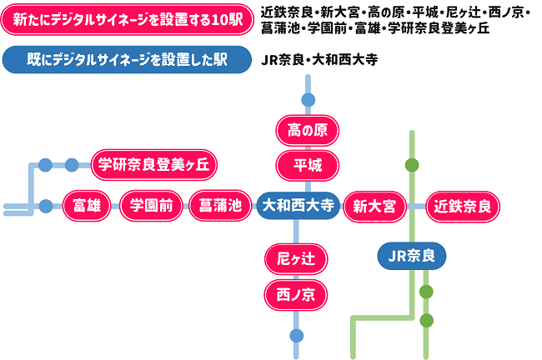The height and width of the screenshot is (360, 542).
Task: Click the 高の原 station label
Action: click(x=308, y=131)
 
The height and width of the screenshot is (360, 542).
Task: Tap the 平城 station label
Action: click(x=308, y=166)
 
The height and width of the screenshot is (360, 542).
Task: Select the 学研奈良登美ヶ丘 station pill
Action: click(x=153, y=165)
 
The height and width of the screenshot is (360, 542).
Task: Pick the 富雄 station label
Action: click(x=87, y=206)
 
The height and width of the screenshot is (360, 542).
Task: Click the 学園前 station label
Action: click(x=151, y=206)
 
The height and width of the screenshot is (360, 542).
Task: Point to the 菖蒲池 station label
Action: click(x=220, y=206)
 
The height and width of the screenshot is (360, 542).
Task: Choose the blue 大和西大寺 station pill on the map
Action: click(x=298, y=206)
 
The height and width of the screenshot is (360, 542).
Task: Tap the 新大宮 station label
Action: click(x=374, y=207)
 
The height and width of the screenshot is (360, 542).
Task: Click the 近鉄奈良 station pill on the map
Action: click(x=463, y=207)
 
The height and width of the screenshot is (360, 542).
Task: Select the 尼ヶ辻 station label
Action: click(x=296, y=259)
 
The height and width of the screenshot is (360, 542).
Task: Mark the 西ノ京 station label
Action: click(x=296, y=295)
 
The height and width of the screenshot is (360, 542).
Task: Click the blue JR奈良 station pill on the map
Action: click(x=411, y=256)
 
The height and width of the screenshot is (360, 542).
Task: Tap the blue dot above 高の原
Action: click(x=308, y=100)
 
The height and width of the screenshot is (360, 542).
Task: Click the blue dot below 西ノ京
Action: click(x=297, y=336)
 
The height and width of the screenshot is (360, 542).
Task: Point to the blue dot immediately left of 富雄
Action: click(x=46, y=207)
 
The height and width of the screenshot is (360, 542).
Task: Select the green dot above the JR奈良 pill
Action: click(x=412, y=165)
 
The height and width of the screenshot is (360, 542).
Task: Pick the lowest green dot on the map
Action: click(x=426, y=321)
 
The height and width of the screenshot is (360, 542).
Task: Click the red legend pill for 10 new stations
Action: click(x=128, y=20)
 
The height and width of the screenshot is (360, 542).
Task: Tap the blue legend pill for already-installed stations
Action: click(x=127, y=60)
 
